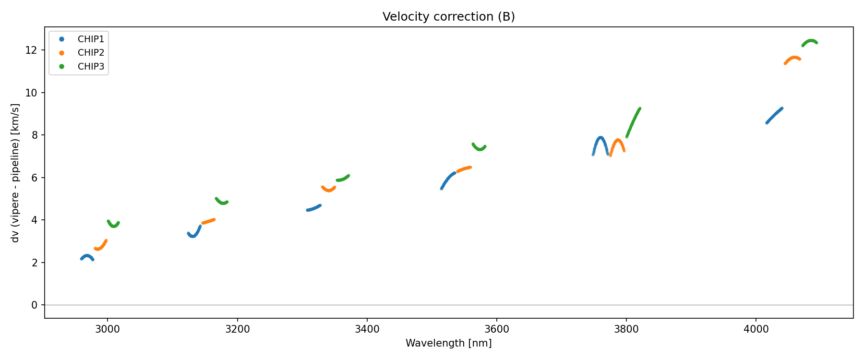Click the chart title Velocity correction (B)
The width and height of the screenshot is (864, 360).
448,17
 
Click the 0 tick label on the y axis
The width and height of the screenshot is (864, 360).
35,305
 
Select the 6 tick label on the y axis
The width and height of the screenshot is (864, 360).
35,178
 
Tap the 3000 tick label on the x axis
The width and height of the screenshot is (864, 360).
108,329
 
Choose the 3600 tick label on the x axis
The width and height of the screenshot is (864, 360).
496,329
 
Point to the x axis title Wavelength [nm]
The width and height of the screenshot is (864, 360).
448,343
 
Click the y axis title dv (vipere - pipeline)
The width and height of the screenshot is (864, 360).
15,173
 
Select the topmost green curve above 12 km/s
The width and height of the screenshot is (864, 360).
810,41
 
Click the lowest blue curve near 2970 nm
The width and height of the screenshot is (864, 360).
87,256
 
